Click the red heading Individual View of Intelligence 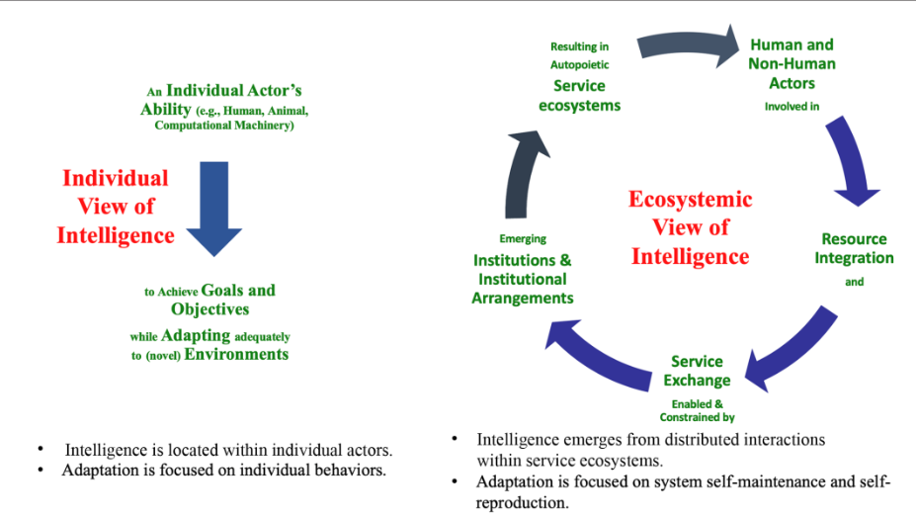coord(116,207)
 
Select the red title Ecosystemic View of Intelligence coord(690,227)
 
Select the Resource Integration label coord(854,248)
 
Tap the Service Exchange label coord(697,371)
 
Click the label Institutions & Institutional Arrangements coord(523,279)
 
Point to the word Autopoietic coord(579,65)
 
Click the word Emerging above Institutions coord(523,239)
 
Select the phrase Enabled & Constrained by coord(697,410)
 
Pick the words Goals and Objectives coord(222,300)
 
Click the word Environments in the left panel coord(236,354)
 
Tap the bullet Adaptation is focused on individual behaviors coord(223,471)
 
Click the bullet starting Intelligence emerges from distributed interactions coord(650,449)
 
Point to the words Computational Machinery coord(224,127)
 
